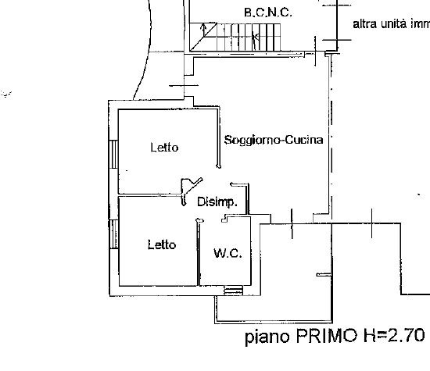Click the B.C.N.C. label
tap(267, 12)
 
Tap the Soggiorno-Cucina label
tap(274, 140)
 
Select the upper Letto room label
tap(164, 148)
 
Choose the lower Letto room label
tap(162, 244)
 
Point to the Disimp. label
tap(217, 202)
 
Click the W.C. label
tap(228, 253)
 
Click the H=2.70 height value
tap(394, 335)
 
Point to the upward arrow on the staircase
tap(203, 30)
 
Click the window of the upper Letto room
tap(113, 155)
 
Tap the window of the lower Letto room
tap(114, 234)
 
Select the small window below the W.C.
tap(234, 291)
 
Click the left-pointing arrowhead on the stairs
tap(256, 36)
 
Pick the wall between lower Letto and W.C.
tap(199, 252)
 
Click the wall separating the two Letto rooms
tap(150, 195)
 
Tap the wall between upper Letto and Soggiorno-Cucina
tap(219, 137)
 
